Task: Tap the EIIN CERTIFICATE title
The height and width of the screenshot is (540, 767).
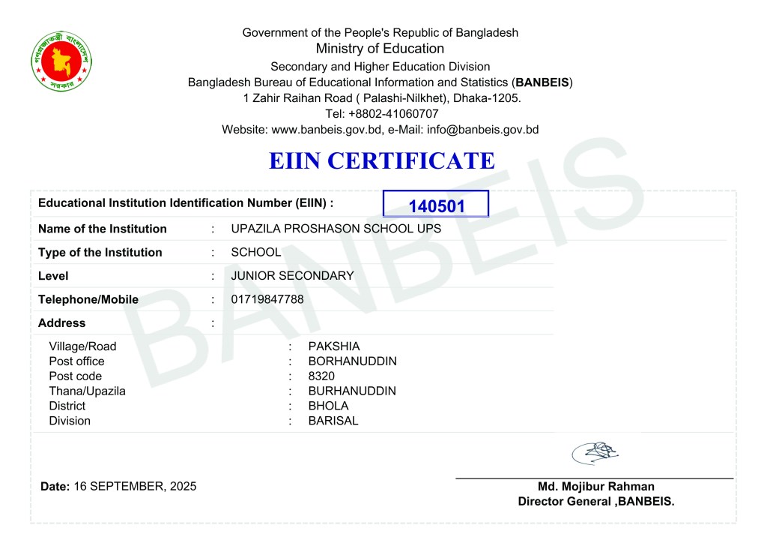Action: point(381,160)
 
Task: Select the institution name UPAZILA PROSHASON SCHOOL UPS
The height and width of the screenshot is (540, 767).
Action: point(336,229)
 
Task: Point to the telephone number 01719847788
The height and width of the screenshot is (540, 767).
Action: point(267,299)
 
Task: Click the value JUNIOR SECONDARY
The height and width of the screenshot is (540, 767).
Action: point(292,275)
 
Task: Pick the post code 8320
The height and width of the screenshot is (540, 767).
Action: point(321,376)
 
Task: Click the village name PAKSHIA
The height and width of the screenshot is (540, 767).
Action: point(333,346)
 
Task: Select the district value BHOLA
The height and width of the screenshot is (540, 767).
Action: point(328,406)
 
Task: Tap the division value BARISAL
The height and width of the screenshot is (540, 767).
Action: point(333,421)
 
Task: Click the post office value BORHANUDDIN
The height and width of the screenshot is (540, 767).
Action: point(352,361)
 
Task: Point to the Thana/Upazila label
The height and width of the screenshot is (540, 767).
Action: point(87,391)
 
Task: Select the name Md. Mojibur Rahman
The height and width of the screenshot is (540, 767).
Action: point(596,487)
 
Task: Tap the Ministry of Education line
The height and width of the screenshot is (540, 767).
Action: point(380,49)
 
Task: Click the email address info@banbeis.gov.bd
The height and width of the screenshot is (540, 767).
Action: point(482,130)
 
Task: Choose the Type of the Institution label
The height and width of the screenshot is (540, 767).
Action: point(100,252)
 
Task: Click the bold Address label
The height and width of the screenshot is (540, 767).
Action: point(61,323)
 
